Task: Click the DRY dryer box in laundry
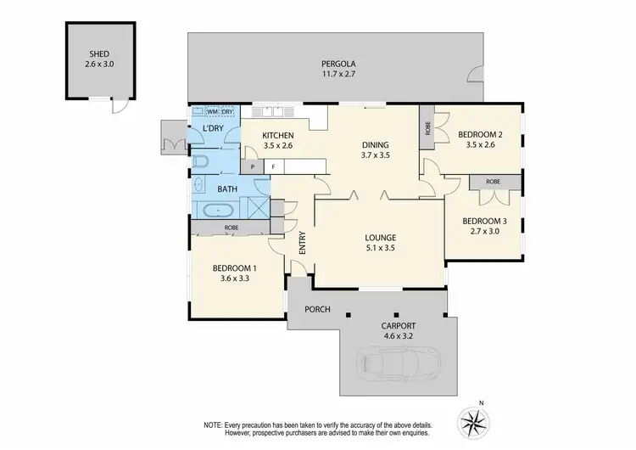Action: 227,112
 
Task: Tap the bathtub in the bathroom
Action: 220,209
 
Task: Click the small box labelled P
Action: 252,167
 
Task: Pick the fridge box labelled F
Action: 273,167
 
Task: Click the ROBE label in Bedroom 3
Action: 492,182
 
